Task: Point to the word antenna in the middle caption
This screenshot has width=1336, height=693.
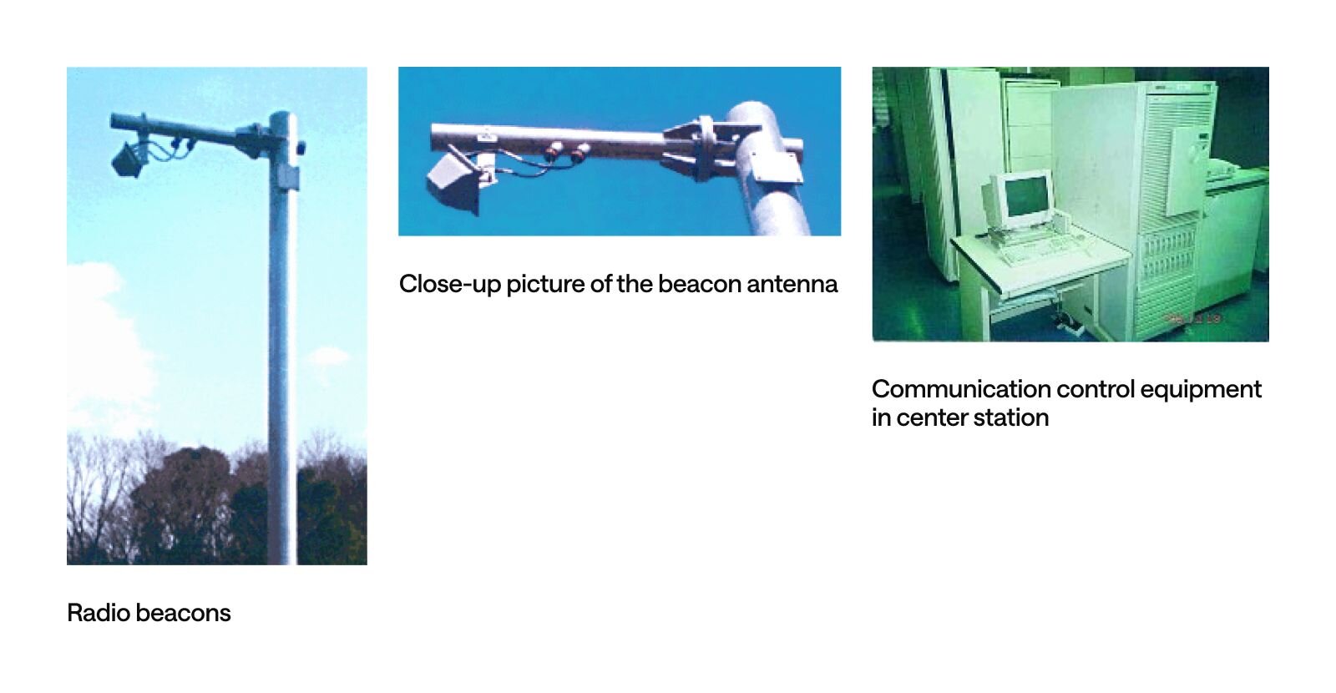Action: (x=792, y=285)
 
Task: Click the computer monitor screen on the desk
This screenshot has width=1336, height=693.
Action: (x=1028, y=197)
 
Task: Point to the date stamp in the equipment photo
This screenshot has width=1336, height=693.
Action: (x=1194, y=319)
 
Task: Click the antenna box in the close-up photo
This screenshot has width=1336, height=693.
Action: (x=454, y=181)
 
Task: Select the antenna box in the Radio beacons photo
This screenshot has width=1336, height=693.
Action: (x=128, y=159)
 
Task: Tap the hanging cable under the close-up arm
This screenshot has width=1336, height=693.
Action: (x=525, y=166)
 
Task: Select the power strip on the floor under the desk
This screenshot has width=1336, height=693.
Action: (x=1070, y=324)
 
